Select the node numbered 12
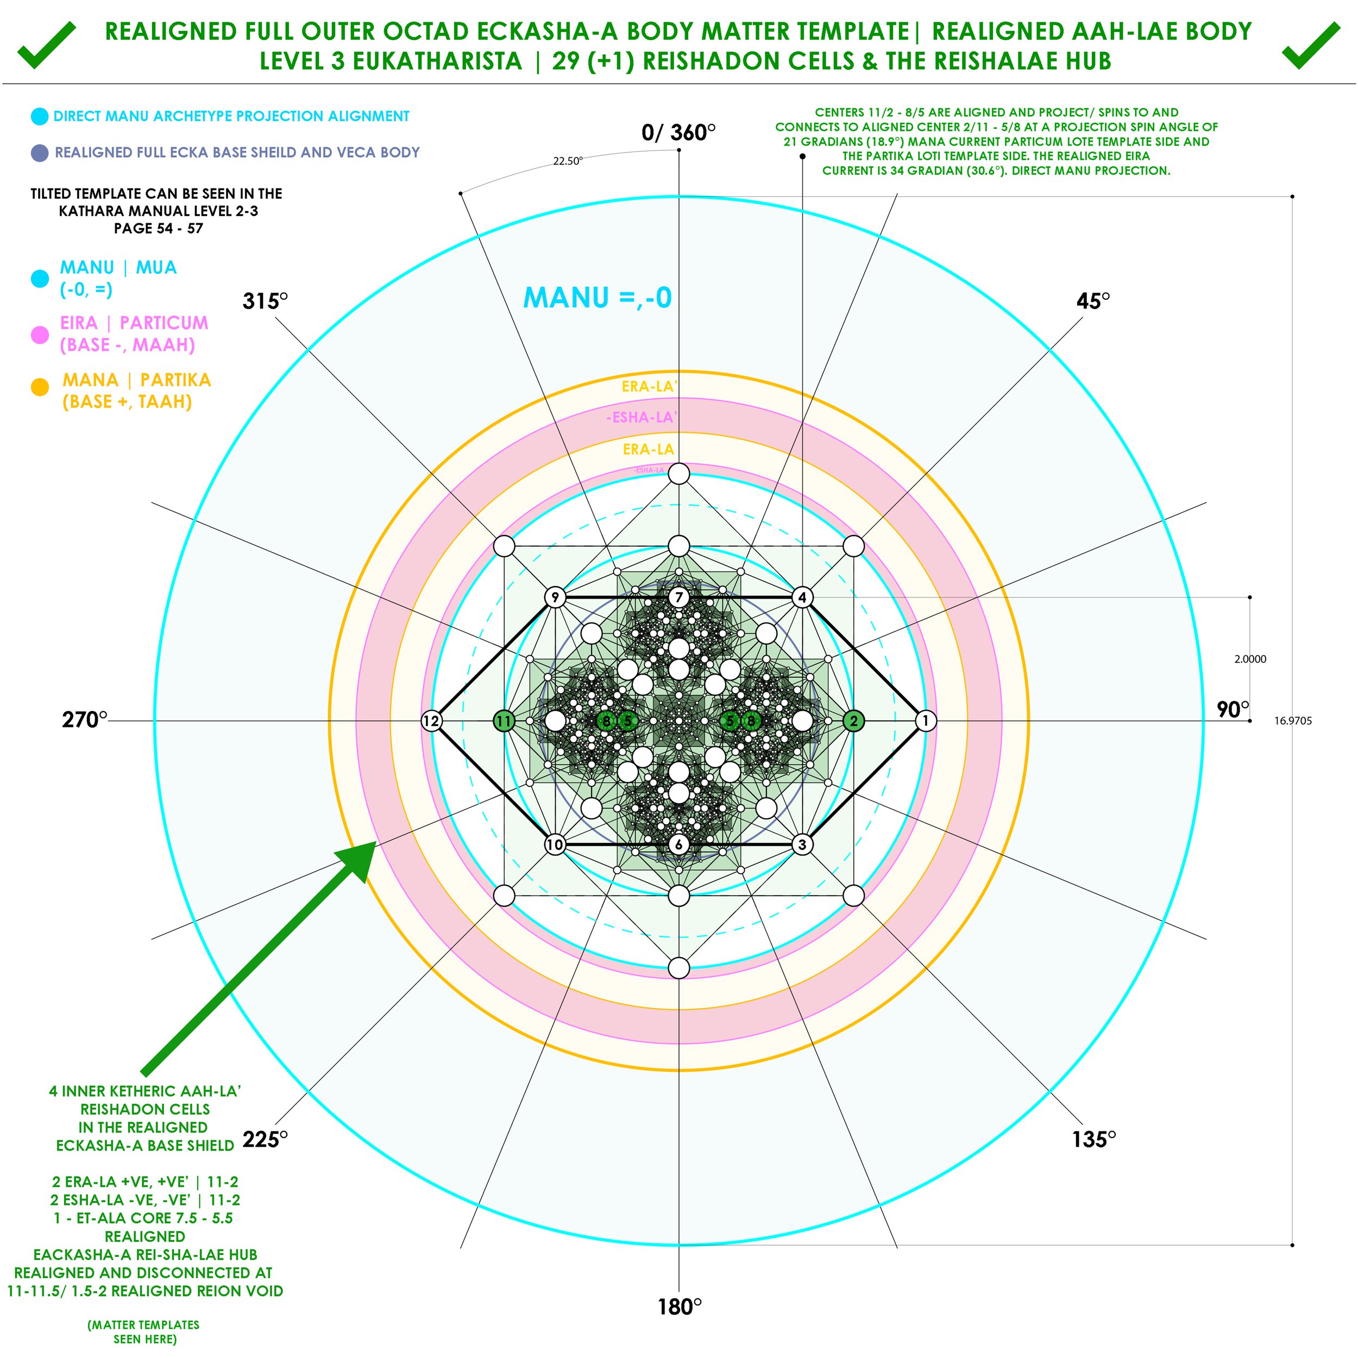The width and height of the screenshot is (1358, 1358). click(431, 720)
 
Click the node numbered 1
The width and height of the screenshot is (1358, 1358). click(926, 720)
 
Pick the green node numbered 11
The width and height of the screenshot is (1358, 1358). click(504, 720)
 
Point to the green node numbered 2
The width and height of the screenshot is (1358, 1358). click(854, 720)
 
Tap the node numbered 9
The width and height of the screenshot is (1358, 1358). click(555, 598)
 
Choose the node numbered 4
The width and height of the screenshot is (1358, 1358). click(802, 598)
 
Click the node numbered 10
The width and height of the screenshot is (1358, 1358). click(555, 844)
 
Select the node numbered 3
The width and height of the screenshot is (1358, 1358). click(802, 844)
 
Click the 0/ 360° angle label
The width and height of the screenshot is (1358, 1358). click(678, 132)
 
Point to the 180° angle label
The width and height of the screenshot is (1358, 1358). click(679, 1307)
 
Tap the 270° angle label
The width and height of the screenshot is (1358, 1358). click(84, 720)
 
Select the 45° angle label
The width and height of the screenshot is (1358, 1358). click(1093, 301)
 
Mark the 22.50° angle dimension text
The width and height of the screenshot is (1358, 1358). click(567, 161)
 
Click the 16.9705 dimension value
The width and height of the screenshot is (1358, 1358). click(1293, 720)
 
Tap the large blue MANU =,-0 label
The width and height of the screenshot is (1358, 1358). click(598, 297)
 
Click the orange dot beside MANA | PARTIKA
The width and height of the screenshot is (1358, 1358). click(40, 387)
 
